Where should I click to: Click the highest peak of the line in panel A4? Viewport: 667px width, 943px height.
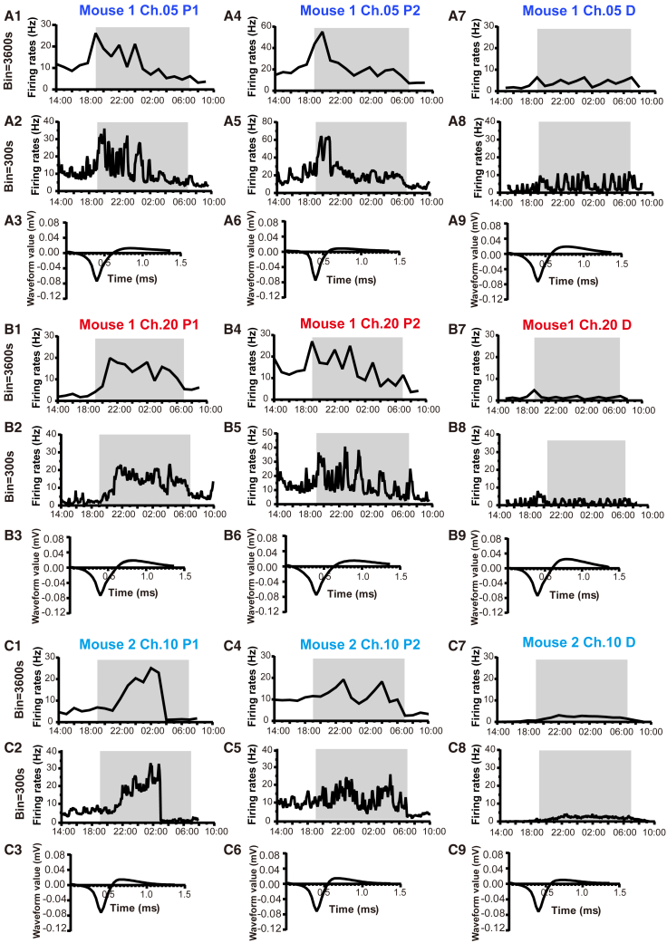point(322,33)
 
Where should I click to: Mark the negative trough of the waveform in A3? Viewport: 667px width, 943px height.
point(98,280)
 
